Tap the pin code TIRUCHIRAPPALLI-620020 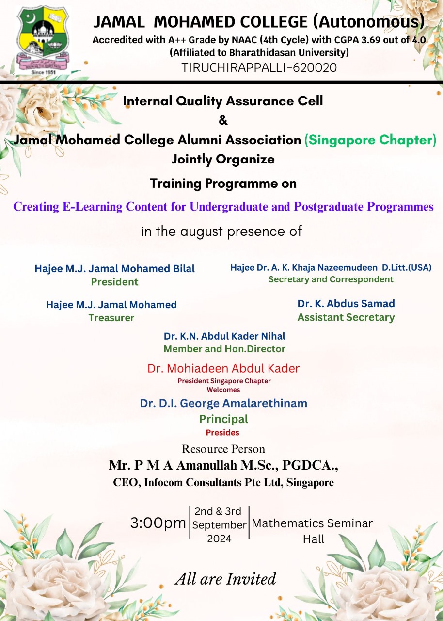pyautogui.click(x=259, y=67)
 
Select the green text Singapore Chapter pyautogui.click(x=370, y=140)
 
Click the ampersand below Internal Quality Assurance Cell pyautogui.click(x=223, y=120)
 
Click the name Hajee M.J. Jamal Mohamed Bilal pyautogui.click(x=114, y=268)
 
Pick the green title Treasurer pyautogui.click(x=111, y=318)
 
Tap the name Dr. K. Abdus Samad pyautogui.click(x=346, y=304)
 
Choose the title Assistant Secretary pyautogui.click(x=346, y=317)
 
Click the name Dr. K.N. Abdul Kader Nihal pyautogui.click(x=224, y=336)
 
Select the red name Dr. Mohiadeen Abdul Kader pyautogui.click(x=223, y=368)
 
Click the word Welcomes pyautogui.click(x=223, y=390)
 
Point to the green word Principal pyautogui.click(x=224, y=419)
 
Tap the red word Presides pyautogui.click(x=222, y=432)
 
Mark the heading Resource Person pyautogui.click(x=223, y=449)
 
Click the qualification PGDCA pyautogui.click(x=310, y=465)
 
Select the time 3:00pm pyautogui.click(x=158, y=523)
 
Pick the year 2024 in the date pyautogui.click(x=219, y=539)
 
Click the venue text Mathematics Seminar pyautogui.click(x=312, y=523)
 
